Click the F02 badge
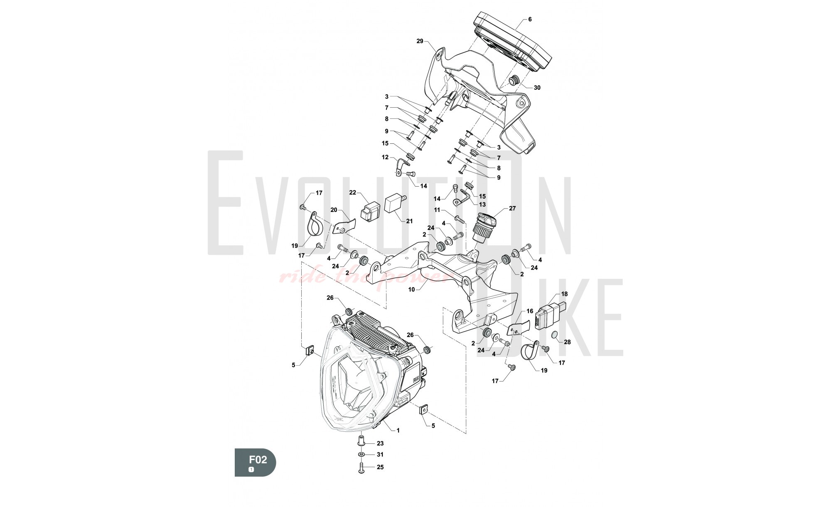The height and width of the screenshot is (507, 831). pos(255,462)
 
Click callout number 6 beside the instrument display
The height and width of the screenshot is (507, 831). pos(530,19)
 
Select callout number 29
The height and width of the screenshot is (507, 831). pos(420,41)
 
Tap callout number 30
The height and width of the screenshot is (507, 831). pos(537,88)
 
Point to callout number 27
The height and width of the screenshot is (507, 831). pos(512,208)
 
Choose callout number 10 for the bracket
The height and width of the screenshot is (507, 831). pos(411,289)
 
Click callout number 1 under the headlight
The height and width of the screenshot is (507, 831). pos(398,431)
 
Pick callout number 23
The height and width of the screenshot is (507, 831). pos(380,443)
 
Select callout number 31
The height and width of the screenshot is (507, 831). pos(380,455)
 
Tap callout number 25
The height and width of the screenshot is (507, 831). pos(380,467)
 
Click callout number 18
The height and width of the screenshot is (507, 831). pos(564,294)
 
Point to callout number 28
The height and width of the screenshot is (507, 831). pos(567,342)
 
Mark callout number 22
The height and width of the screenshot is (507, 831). pos(353,192)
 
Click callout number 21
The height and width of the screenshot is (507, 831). pos(409,221)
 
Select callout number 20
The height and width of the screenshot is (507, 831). pos(334,210)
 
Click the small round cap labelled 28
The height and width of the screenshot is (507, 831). pos(555,335)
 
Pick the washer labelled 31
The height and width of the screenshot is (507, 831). pos(361,455)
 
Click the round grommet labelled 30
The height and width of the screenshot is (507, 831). pos(514,80)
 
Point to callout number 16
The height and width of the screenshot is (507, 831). pos(530,311)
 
